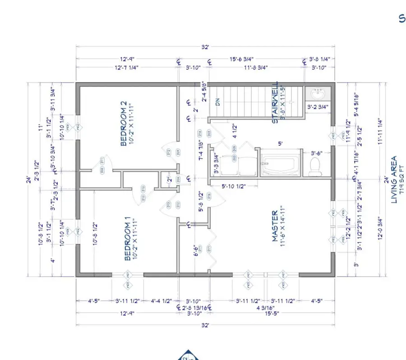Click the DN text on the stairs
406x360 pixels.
218,102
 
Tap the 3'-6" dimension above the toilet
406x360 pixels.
316,153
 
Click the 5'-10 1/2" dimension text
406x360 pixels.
233,186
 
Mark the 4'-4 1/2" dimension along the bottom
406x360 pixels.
161,300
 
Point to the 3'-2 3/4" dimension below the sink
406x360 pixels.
318,107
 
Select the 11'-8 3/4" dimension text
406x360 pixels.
255,67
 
